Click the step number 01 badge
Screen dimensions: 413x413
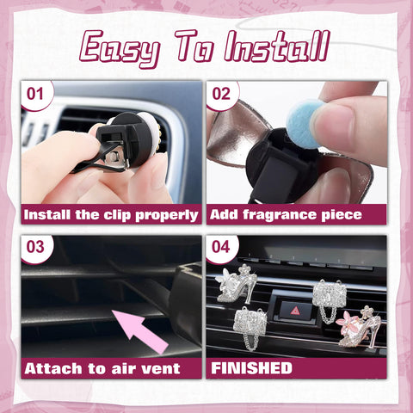[37, 94]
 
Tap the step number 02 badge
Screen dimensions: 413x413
[221, 94]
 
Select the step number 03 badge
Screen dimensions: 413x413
[37, 248]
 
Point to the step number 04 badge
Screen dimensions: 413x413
[221, 248]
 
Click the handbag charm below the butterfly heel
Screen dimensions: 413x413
[250, 328]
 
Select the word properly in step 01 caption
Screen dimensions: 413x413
[166, 214]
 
